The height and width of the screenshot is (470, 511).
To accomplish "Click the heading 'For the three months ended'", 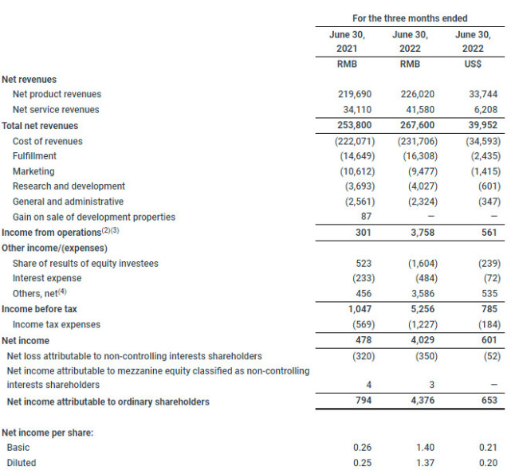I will [410, 18].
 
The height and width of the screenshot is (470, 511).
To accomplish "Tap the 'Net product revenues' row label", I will [57, 94].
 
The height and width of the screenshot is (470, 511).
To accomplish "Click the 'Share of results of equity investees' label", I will [85, 263].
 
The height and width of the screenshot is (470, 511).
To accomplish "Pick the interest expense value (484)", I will [417, 278].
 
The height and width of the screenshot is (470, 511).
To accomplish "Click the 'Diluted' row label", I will [22, 462].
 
